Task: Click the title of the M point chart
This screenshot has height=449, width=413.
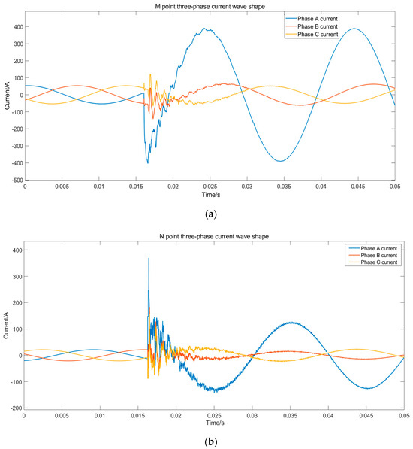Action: point(210,6)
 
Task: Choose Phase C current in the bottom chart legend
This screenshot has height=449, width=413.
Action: point(372,262)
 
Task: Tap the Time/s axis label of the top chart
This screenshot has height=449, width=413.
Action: point(210,196)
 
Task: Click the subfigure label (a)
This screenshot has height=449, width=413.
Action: point(210,214)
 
